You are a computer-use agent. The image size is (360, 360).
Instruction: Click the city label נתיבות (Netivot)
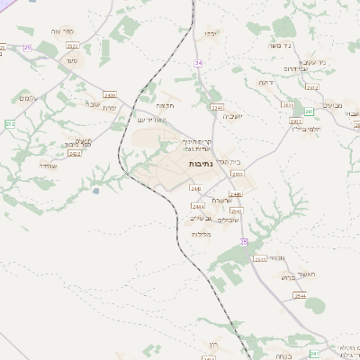201,166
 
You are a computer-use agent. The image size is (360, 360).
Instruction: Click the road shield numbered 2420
110,94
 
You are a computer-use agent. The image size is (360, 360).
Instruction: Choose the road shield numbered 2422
75,154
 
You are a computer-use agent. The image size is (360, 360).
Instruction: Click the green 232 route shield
10,123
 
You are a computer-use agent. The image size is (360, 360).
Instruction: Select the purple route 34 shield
198,63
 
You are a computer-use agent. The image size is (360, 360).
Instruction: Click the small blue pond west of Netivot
96,191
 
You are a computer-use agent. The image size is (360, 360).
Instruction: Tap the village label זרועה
265,82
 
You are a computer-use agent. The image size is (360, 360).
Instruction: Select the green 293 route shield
308,112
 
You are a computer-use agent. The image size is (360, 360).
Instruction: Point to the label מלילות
201,234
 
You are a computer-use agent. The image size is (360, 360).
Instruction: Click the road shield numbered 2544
300,295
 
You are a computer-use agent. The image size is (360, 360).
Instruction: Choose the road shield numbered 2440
195,188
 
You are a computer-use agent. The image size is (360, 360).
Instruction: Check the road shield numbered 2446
236,193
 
